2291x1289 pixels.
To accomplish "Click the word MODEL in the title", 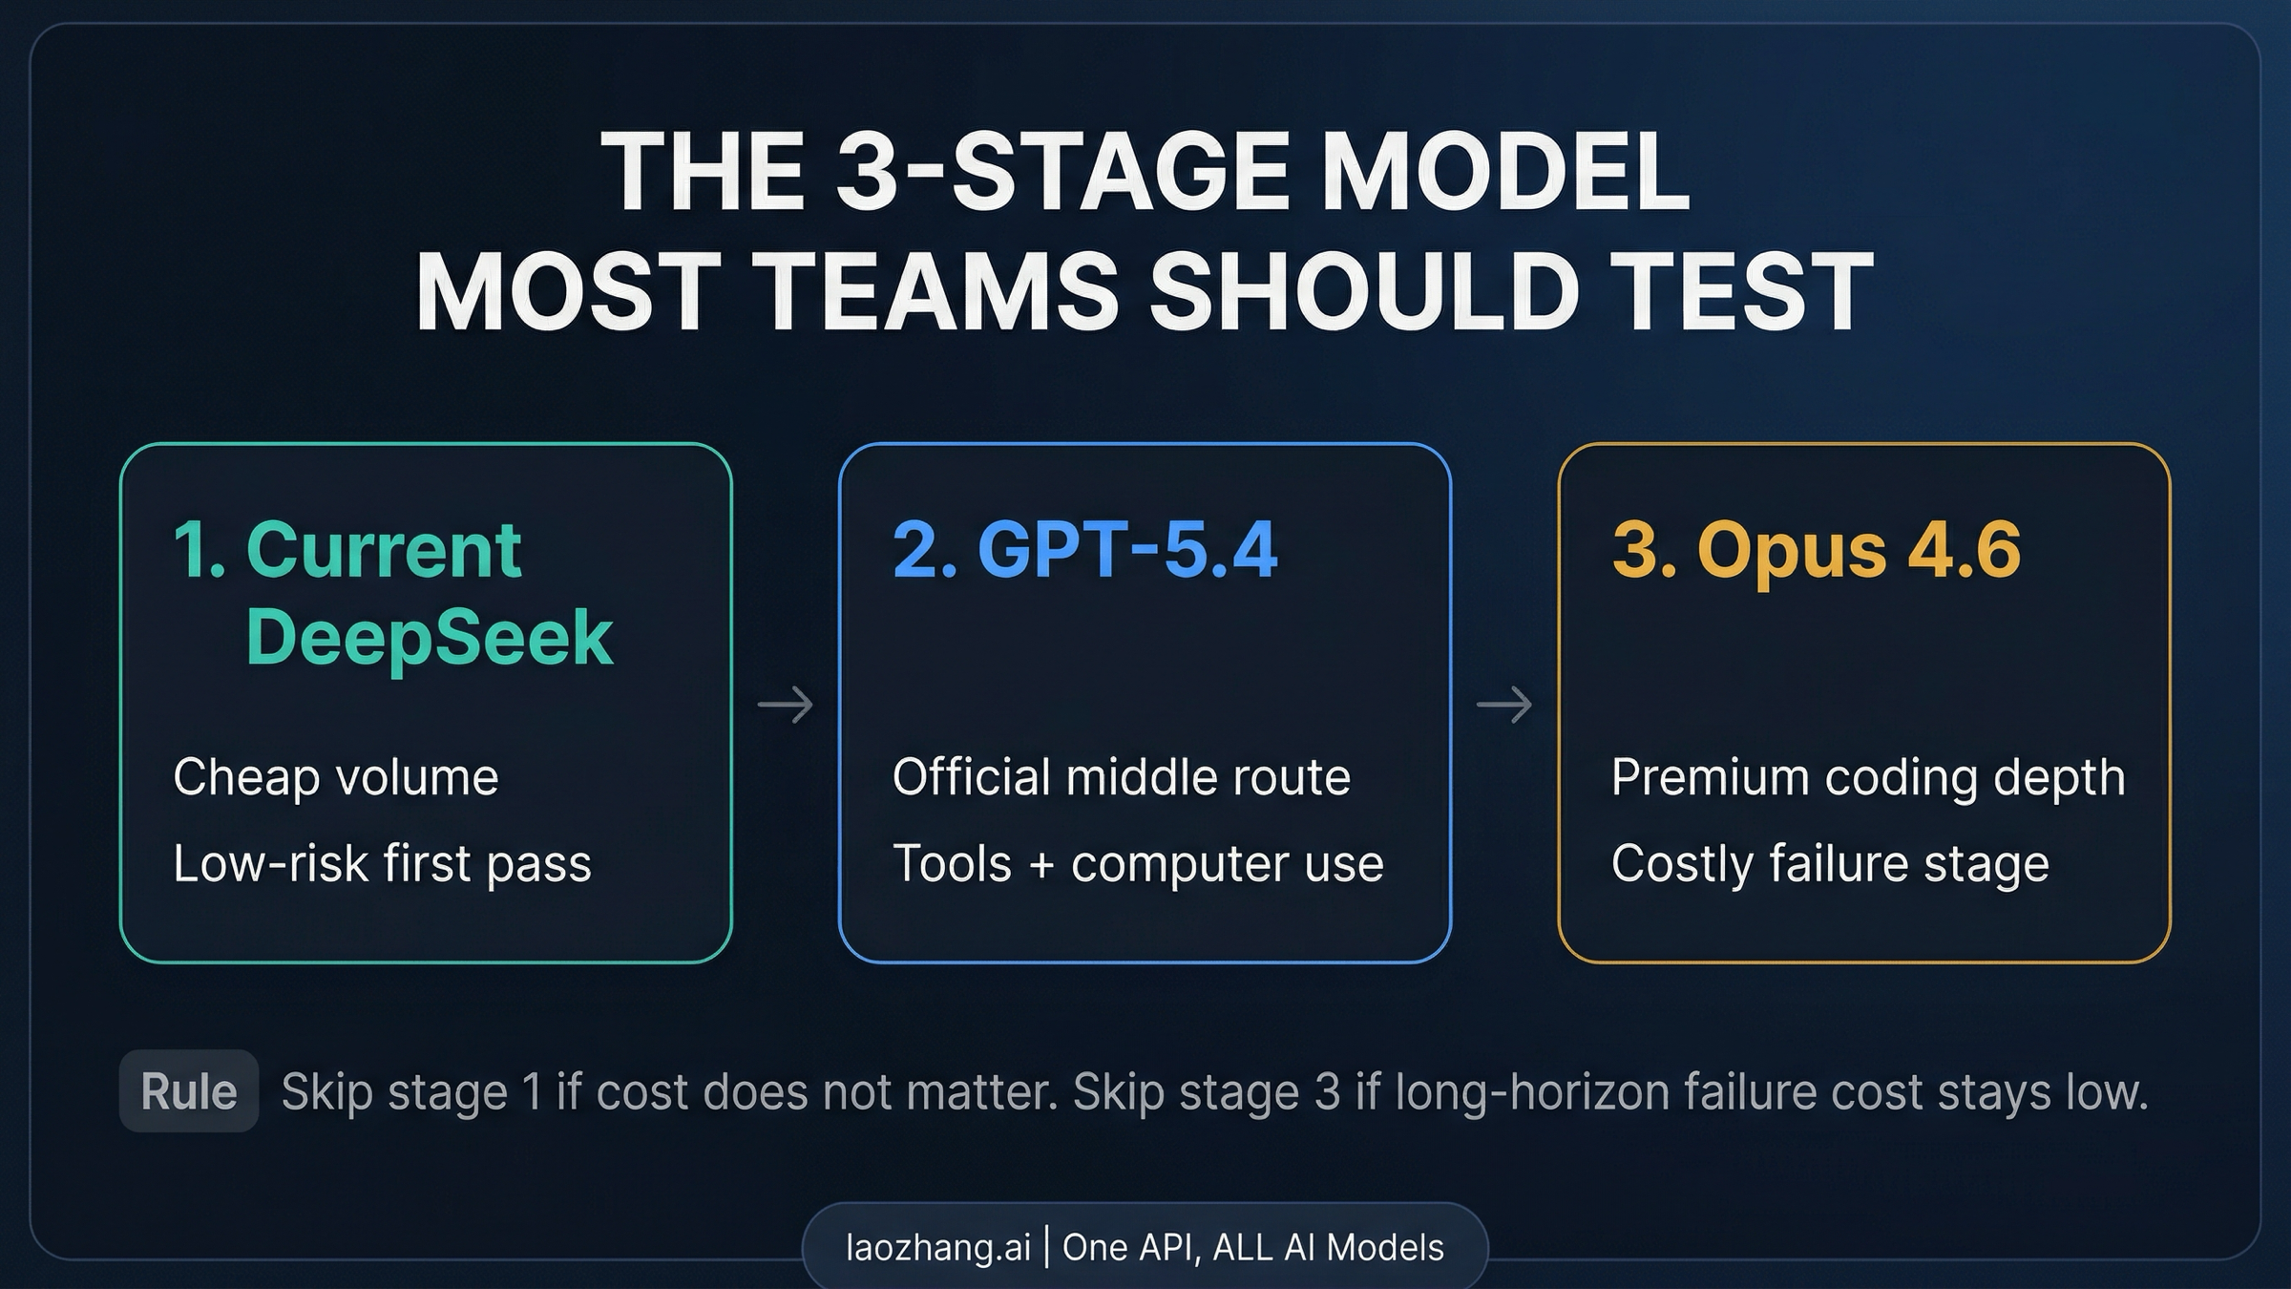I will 1505,172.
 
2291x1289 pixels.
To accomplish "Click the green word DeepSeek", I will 429,637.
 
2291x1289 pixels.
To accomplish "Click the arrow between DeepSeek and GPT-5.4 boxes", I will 785,706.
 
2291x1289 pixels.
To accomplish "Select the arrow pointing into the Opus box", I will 1503,706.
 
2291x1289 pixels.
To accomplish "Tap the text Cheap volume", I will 335,777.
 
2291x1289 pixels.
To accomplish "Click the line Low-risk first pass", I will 382,864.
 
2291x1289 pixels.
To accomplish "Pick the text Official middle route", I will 1121,777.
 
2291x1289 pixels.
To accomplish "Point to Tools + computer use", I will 1137,864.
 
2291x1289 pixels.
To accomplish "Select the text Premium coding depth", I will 1868,777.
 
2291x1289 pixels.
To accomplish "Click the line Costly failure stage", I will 1830,864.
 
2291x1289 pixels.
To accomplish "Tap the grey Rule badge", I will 189,1091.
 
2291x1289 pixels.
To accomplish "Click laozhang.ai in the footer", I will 937,1247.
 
